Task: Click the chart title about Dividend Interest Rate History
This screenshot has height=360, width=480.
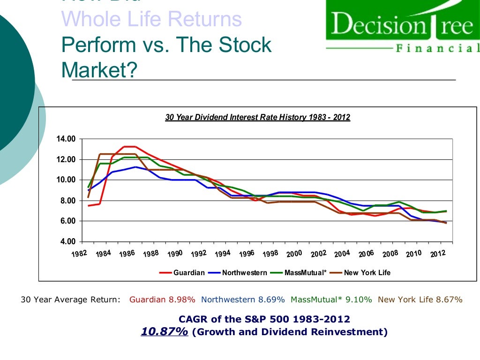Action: (x=257, y=117)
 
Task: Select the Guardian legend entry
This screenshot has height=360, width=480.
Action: (x=189, y=272)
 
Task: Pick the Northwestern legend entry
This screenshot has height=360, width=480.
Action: (x=244, y=272)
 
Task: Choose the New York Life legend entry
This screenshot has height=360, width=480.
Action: (x=367, y=272)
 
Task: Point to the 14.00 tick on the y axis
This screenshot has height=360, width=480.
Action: (x=66, y=139)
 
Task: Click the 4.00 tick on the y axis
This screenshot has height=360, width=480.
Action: (x=67, y=242)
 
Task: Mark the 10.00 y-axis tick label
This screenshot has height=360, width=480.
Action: (x=66, y=180)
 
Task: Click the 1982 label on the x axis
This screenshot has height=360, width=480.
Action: (x=79, y=254)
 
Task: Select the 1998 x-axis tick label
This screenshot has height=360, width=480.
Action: (x=270, y=254)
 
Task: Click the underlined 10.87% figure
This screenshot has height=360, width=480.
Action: (x=165, y=332)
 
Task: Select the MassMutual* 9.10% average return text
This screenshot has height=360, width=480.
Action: (x=331, y=300)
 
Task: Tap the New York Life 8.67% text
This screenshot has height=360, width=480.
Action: (x=420, y=300)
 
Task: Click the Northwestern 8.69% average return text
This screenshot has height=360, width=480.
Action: (x=243, y=300)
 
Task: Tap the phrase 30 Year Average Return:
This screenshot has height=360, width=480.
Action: (x=70, y=300)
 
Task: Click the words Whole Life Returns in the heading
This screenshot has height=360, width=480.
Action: (x=151, y=19)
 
